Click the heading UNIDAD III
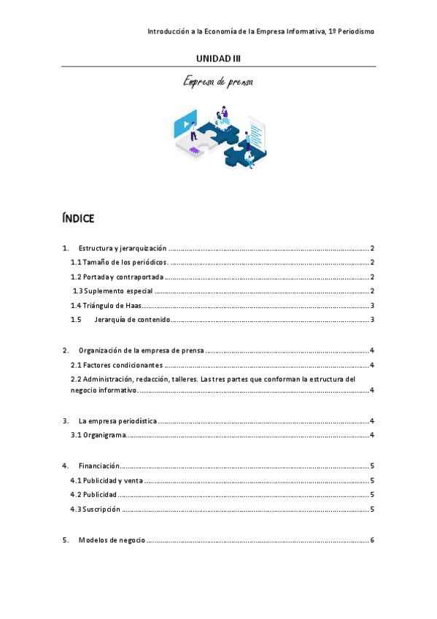[x=218, y=58]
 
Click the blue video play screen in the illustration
[x=185, y=125]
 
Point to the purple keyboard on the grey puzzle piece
[x=196, y=150]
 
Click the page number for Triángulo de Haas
[x=372, y=306]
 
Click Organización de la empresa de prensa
[x=142, y=351]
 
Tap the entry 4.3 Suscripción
[x=96, y=509]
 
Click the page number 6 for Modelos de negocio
[x=372, y=540]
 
